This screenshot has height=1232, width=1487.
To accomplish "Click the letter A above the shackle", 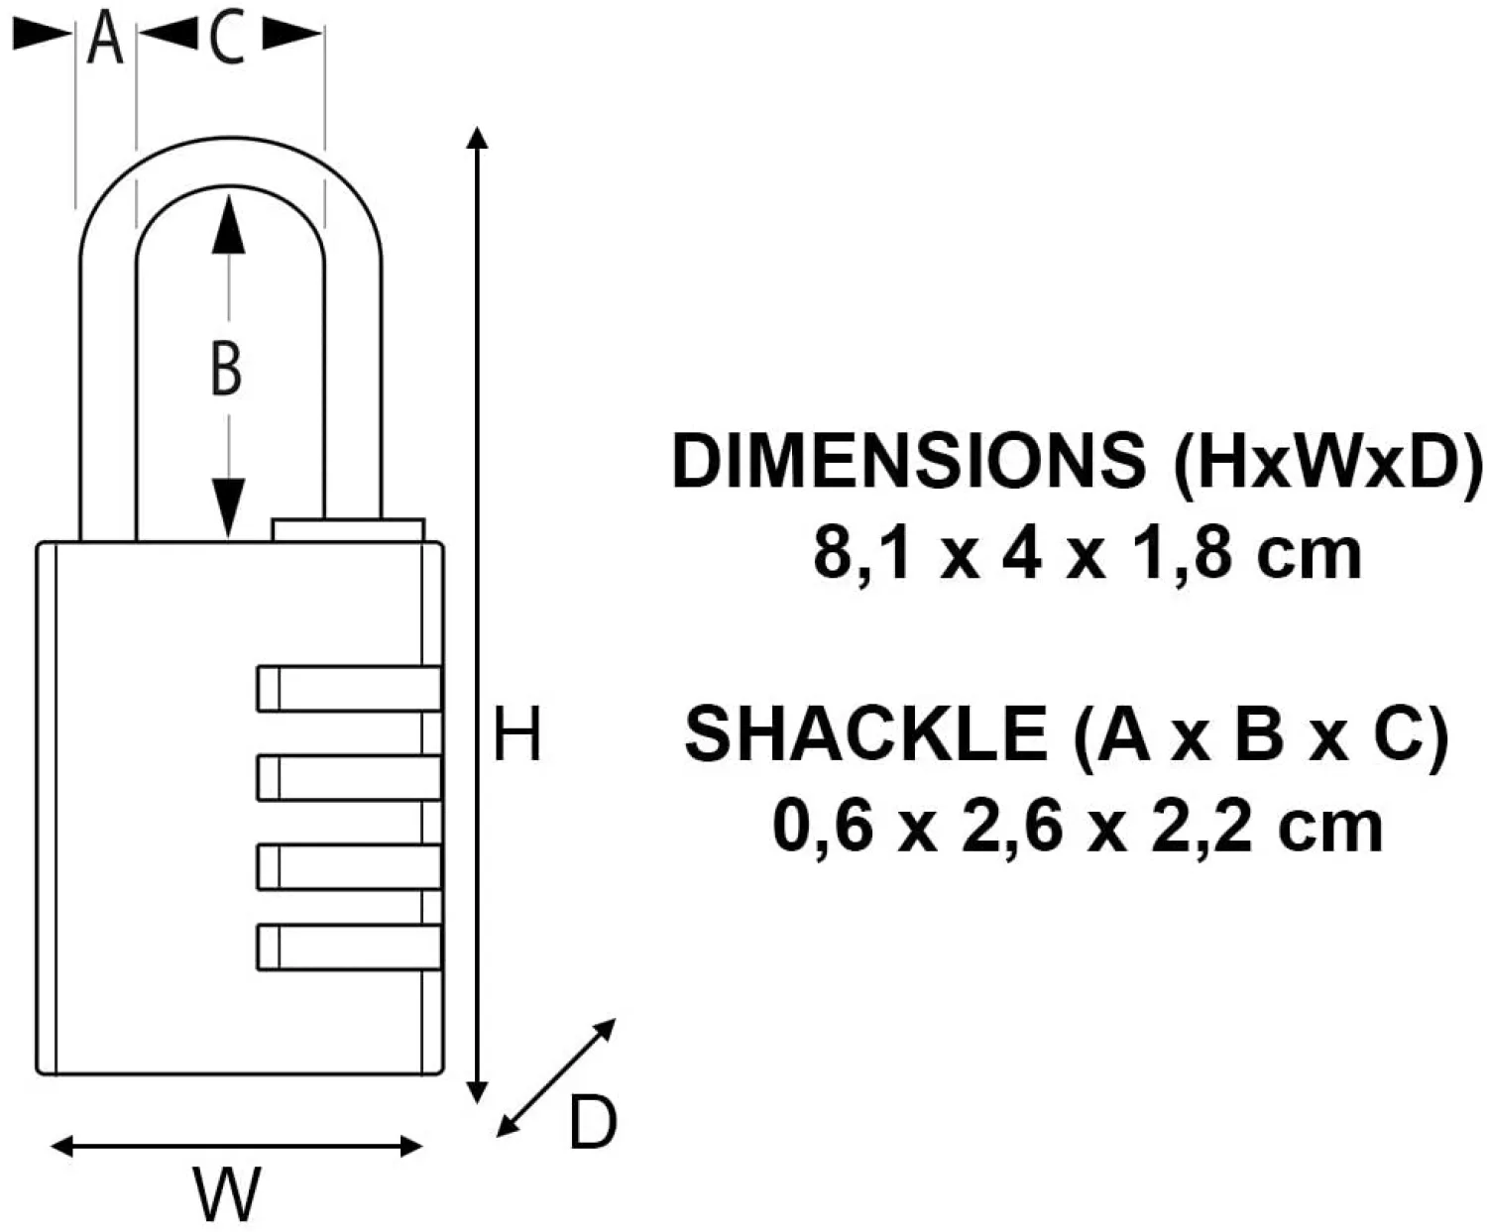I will [105, 40].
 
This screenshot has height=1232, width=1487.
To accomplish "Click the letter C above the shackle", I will [228, 40].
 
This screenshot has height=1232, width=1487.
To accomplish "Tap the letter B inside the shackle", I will [227, 369].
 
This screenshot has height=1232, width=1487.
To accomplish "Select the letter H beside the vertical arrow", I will [517, 734].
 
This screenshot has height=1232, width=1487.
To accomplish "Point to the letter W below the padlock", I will [227, 1194].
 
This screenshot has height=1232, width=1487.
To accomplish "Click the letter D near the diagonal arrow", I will [592, 1123].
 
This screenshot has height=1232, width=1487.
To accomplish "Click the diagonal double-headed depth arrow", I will [556, 1076].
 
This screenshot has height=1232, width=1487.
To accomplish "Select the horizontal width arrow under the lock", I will [236, 1147].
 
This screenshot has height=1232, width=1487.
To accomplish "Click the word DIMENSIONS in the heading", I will [907, 461].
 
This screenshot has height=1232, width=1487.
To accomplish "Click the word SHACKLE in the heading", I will [864, 734].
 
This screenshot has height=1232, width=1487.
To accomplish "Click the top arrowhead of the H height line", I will [479, 138].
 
